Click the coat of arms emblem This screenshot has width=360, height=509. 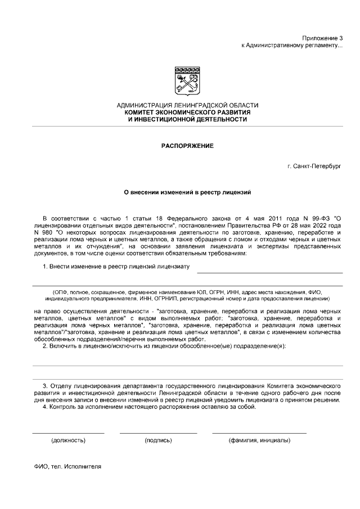tap(187, 80)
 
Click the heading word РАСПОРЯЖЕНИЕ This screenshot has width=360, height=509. tap(187, 146)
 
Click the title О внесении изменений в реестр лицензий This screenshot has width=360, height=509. tap(187, 192)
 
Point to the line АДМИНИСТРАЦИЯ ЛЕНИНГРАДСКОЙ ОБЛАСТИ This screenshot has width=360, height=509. tap(187, 105)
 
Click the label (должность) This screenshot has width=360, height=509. tap(68, 440)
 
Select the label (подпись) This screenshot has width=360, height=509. tap(158, 440)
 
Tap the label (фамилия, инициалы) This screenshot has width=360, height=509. tap(259, 440)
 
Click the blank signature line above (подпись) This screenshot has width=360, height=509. tap(158, 433)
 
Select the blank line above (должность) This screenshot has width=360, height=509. tap(68, 433)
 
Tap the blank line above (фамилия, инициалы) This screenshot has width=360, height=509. tap(259, 433)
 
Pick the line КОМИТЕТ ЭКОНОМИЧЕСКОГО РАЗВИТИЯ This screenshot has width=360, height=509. tap(187, 112)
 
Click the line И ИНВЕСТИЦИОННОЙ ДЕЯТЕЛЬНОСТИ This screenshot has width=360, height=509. tap(187, 119)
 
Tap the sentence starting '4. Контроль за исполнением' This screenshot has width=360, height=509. tap(150, 407)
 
